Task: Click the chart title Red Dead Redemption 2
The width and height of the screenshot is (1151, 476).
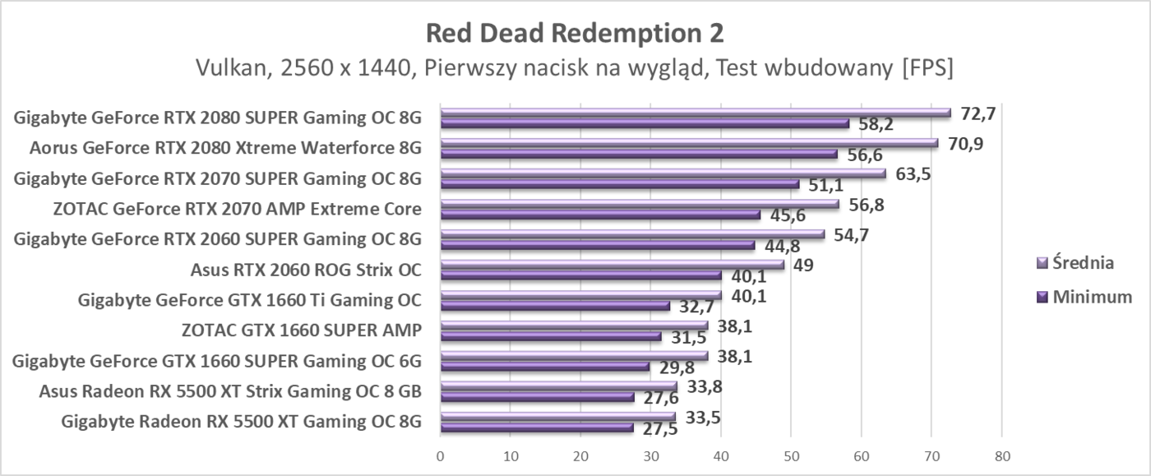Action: coord(575,33)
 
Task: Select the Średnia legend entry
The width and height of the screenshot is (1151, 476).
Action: coord(1075,264)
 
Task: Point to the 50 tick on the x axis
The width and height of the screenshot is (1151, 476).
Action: coord(791,455)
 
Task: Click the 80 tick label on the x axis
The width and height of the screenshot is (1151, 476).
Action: coord(1001,455)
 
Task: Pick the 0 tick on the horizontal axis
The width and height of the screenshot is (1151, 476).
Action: coord(441,455)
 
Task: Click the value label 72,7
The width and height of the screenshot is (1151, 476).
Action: coord(978,113)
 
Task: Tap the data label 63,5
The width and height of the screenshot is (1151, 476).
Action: coord(913,173)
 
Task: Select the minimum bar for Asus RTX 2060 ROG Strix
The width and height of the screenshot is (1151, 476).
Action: coord(580,275)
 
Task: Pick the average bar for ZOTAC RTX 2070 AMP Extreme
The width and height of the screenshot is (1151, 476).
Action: coord(640,204)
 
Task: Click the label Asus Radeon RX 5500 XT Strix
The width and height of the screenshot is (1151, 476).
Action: coord(230,391)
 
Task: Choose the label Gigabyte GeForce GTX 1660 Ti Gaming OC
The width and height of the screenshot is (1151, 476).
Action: coord(250,300)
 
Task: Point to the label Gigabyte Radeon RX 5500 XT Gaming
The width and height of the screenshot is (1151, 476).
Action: coord(242,422)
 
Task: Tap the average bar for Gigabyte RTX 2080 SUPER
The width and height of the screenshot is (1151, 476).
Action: coord(696,113)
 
